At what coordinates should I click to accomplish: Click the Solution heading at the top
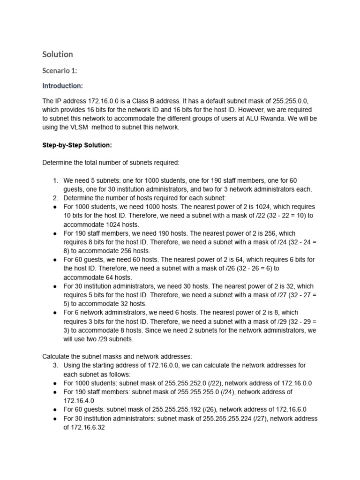pyautogui.click(x=58, y=54)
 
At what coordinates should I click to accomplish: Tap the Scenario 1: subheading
pyautogui.click(x=60, y=71)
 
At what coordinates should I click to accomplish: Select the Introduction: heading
pyautogui.click(x=62, y=86)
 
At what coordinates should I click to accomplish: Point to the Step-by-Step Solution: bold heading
pyautogui.click(x=77, y=145)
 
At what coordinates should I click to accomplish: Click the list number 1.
pyautogui.click(x=55, y=180)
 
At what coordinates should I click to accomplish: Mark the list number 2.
pyautogui.click(x=55, y=198)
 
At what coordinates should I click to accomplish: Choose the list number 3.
pyautogui.click(x=55, y=365)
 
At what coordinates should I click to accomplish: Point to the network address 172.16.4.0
pyautogui.click(x=79, y=401)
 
